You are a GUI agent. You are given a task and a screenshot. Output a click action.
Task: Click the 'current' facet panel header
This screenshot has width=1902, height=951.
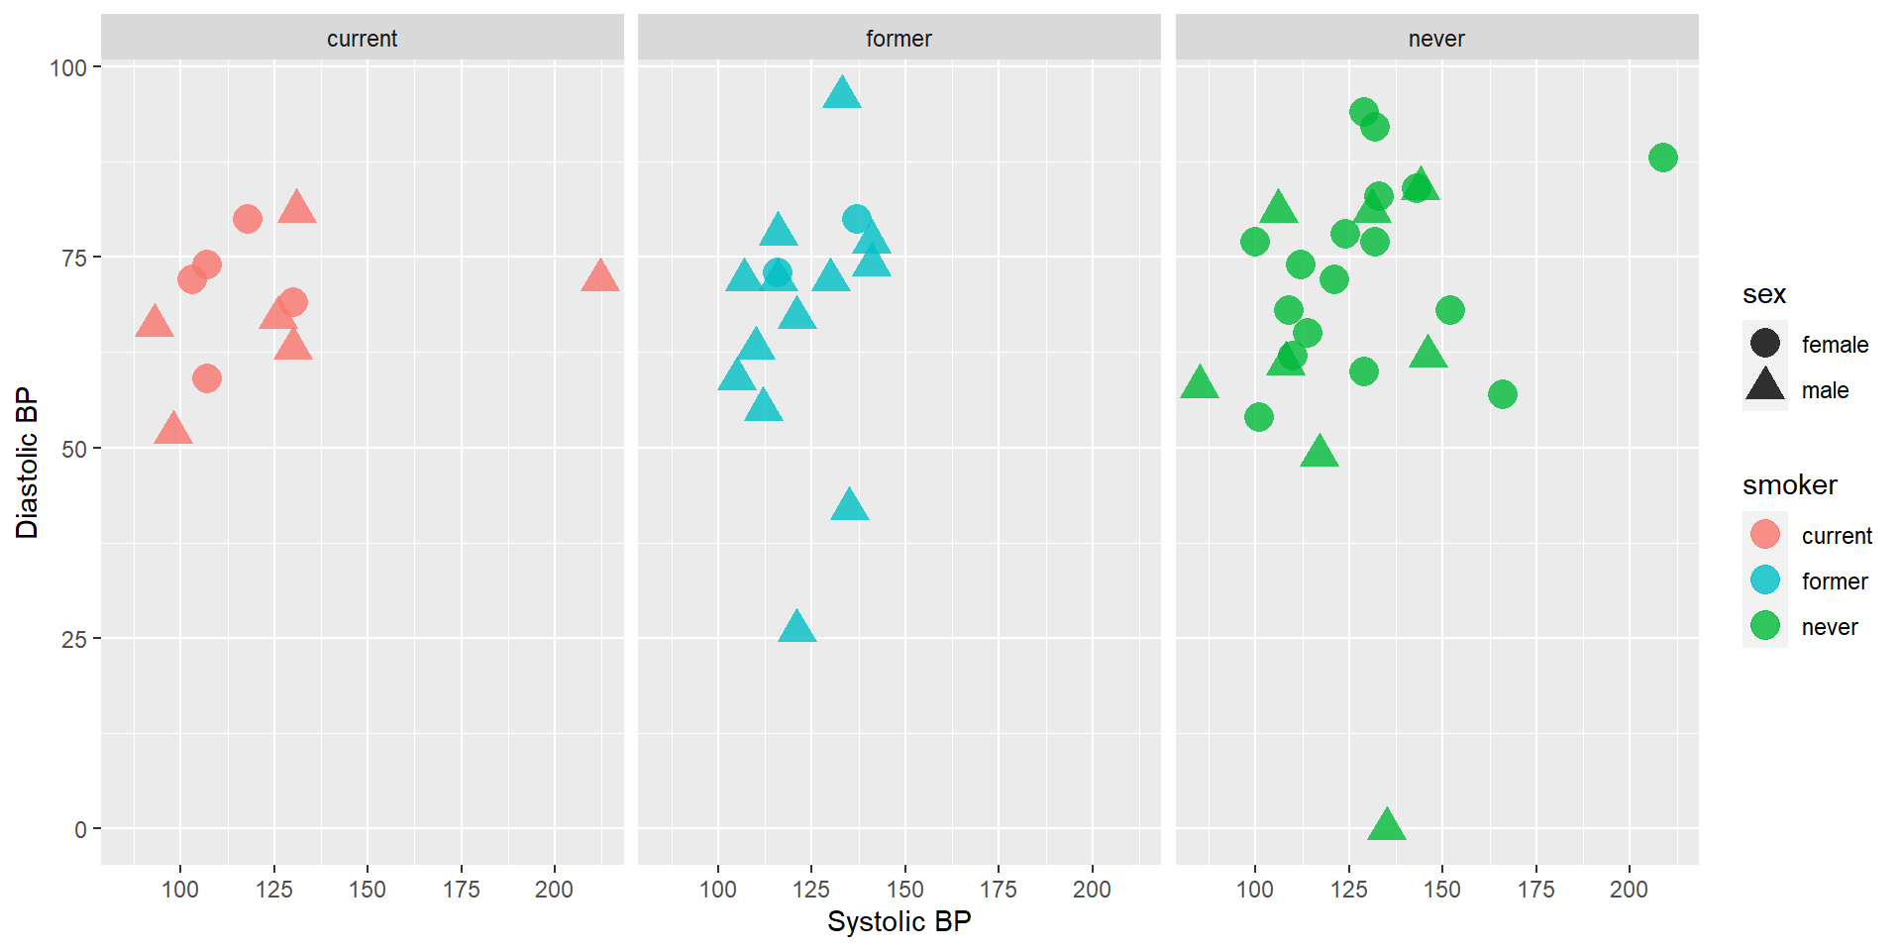click(x=362, y=39)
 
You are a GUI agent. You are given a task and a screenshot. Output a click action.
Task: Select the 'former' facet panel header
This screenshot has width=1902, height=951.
click(x=898, y=39)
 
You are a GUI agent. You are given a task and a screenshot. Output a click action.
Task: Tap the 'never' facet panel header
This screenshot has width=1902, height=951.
click(x=1436, y=39)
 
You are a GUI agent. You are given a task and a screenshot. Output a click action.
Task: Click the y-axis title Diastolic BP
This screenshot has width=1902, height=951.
click(x=27, y=463)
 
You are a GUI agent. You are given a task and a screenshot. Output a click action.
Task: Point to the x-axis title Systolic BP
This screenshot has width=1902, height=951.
click(x=898, y=921)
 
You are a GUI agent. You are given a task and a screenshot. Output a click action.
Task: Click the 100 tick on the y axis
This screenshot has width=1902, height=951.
click(x=68, y=67)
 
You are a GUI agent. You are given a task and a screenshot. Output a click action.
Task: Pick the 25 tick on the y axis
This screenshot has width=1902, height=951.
click(x=74, y=639)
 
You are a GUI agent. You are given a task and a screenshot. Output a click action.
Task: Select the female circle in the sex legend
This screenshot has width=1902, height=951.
click(x=1765, y=344)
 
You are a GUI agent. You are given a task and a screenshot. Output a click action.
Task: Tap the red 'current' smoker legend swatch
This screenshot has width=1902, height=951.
click(x=1765, y=535)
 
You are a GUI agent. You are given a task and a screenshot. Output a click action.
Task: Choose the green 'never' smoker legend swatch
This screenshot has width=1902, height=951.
click(x=1765, y=626)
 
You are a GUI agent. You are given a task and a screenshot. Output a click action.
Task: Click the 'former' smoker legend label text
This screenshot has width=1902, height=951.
click(x=1835, y=581)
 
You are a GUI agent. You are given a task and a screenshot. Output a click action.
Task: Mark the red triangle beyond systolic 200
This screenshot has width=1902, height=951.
click(x=600, y=276)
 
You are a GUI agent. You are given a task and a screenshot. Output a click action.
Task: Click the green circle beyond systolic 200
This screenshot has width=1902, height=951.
click(x=1663, y=158)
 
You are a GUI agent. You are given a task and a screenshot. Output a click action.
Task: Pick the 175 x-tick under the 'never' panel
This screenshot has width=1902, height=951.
click(x=1536, y=890)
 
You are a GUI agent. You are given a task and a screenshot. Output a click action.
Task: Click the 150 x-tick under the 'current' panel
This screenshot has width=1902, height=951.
click(x=368, y=890)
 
